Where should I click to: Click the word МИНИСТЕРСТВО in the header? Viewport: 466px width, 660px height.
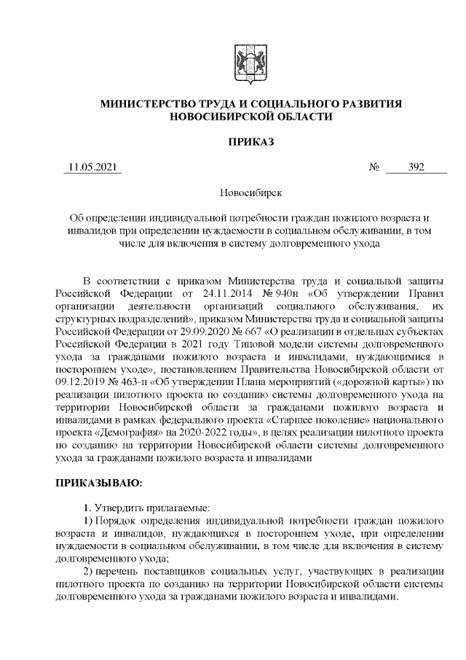150,105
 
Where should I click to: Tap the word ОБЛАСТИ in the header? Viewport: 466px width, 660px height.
302,117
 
